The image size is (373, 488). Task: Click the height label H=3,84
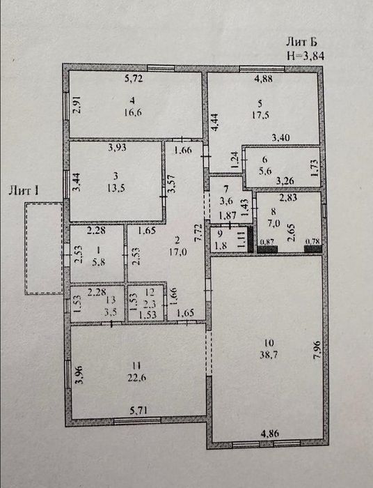pyautogui.click(x=305, y=55)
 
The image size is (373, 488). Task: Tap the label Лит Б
pyautogui.click(x=301, y=41)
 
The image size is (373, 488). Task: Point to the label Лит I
pyautogui.click(x=24, y=190)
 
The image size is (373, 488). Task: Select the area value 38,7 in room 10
pyautogui.click(x=269, y=354)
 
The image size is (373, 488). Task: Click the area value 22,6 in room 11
pyautogui.click(x=136, y=378)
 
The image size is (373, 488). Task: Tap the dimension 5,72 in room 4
pyautogui.click(x=134, y=78)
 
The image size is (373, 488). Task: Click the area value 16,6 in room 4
pyautogui.click(x=133, y=112)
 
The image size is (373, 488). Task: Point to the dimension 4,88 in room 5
pyautogui.click(x=263, y=78)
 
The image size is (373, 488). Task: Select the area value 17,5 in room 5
pyautogui.click(x=260, y=115)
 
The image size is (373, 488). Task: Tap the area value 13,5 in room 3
pyautogui.click(x=116, y=188)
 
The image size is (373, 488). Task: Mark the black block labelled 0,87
pyautogui.click(x=267, y=249)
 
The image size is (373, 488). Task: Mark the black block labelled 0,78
pyautogui.click(x=312, y=249)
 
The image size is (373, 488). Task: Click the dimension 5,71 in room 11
pyautogui.click(x=138, y=411)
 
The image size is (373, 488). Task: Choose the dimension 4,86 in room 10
pyautogui.click(x=269, y=434)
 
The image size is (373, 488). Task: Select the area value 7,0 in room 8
pyautogui.click(x=273, y=224)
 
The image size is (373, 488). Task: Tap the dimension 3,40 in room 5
pyautogui.click(x=280, y=137)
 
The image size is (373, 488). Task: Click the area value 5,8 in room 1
pyautogui.click(x=99, y=261)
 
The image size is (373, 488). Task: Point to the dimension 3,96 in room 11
pyautogui.click(x=80, y=376)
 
